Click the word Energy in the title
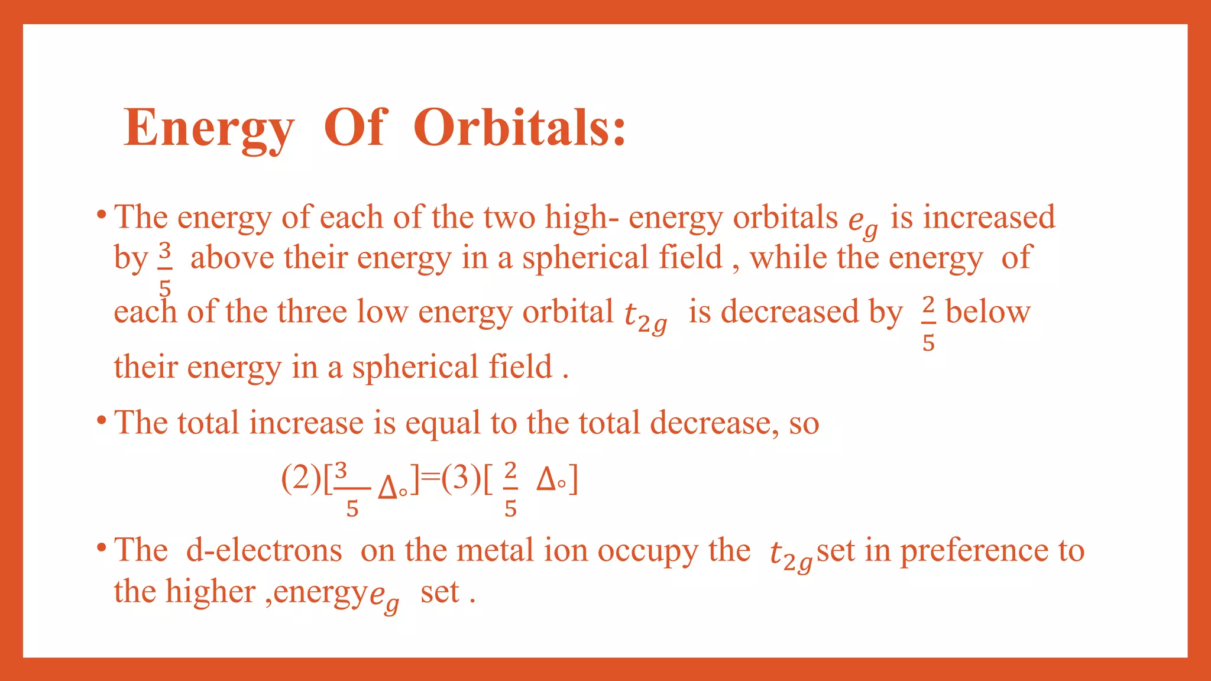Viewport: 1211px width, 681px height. point(208,129)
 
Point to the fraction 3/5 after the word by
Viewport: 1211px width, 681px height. point(165,269)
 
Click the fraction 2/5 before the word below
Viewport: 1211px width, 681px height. point(928,323)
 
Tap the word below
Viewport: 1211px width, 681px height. point(987,312)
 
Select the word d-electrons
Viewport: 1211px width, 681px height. point(264,550)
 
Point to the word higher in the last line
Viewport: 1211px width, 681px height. point(210,591)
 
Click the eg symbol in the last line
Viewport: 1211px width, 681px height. point(384,596)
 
